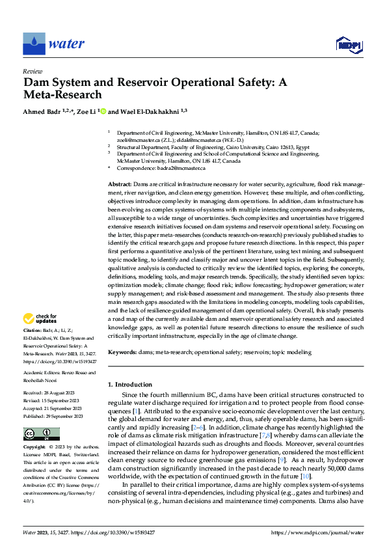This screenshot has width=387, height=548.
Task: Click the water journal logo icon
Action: pyautogui.click(x=34, y=44)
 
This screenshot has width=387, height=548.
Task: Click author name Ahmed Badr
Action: pyautogui.click(x=40, y=111)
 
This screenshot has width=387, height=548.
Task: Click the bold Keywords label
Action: pyautogui.click(x=122, y=352)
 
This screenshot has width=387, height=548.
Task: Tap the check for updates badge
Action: pyautogui.click(x=38, y=319)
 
